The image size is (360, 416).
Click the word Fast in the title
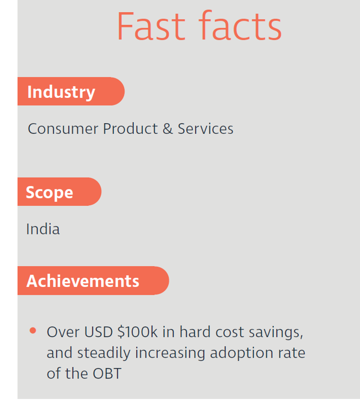tap(151, 26)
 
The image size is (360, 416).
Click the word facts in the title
tap(240, 25)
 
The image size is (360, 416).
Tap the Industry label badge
tap(71, 91)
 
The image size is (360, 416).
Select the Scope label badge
tap(59, 192)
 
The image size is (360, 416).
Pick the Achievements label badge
tap(93, 280)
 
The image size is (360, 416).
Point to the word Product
tap(130, 128)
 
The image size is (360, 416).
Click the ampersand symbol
tap(167, 128)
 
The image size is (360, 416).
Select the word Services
tap(205, 128)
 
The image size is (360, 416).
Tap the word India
tap(43, 229)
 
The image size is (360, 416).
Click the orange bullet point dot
tap(33, 330)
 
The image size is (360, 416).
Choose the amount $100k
tap(137, 332)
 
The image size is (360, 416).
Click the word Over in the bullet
tap(63, 332)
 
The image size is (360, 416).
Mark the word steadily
tap(104, 353)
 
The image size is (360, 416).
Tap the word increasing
tap(170, 353)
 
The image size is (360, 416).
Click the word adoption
tap(241, 353)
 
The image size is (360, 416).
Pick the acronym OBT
tap(107, 374)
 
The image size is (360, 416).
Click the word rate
tap(291, 354)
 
